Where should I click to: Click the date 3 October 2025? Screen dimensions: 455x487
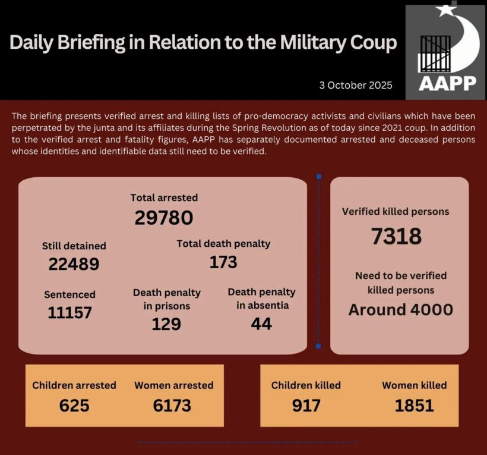click(x=355, y=85)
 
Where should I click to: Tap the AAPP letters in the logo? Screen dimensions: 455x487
click(x=447, y=83)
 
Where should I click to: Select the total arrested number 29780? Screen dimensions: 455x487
click(x=164, y=218)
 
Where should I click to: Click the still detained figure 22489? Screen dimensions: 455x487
click(x=74, y=264)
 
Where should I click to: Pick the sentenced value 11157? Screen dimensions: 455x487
click(x=69, y=312)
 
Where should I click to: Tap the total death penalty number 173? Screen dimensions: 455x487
click(x=223, y=262)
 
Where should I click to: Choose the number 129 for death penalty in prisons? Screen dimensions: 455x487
click(x=166, y=324)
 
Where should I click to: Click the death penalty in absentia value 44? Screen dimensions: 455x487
click(x=261, y=324)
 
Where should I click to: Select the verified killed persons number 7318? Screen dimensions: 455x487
click(x=396, y=236)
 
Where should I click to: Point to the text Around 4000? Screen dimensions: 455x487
click(x=400, y=310)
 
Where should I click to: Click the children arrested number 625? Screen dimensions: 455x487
click(x=74, y=406)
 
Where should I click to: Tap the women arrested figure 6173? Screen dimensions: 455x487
click(x=173, y=406)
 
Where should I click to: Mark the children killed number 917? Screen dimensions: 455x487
click(x=306, y=406)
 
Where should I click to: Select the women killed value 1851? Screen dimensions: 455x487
click(x=414, y=406)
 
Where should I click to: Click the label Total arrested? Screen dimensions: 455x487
click(x=164, y=197)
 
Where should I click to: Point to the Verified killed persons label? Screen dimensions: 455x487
click(x=396, y=211)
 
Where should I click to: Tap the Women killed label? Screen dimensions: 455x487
click(x=414, y=385)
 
